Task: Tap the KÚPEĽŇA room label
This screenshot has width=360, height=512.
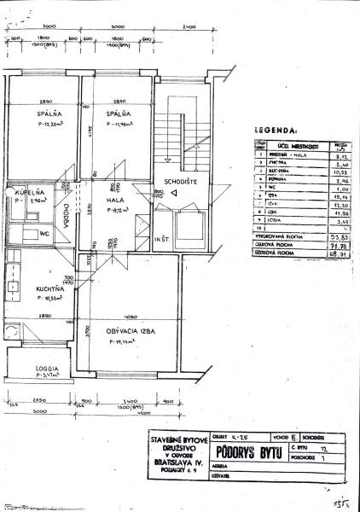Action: [x=19, y=193]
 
